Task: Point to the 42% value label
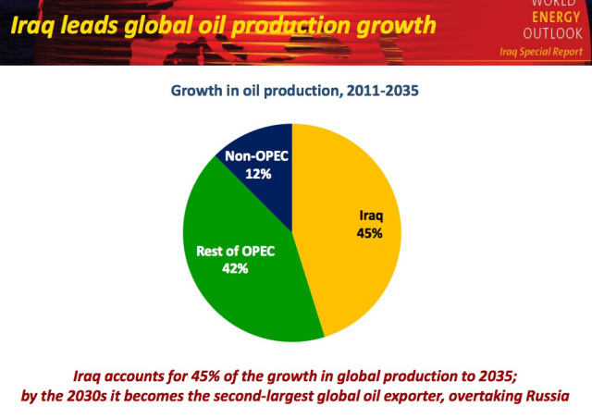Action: (234, 267)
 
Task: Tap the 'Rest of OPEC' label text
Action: (235, 251)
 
